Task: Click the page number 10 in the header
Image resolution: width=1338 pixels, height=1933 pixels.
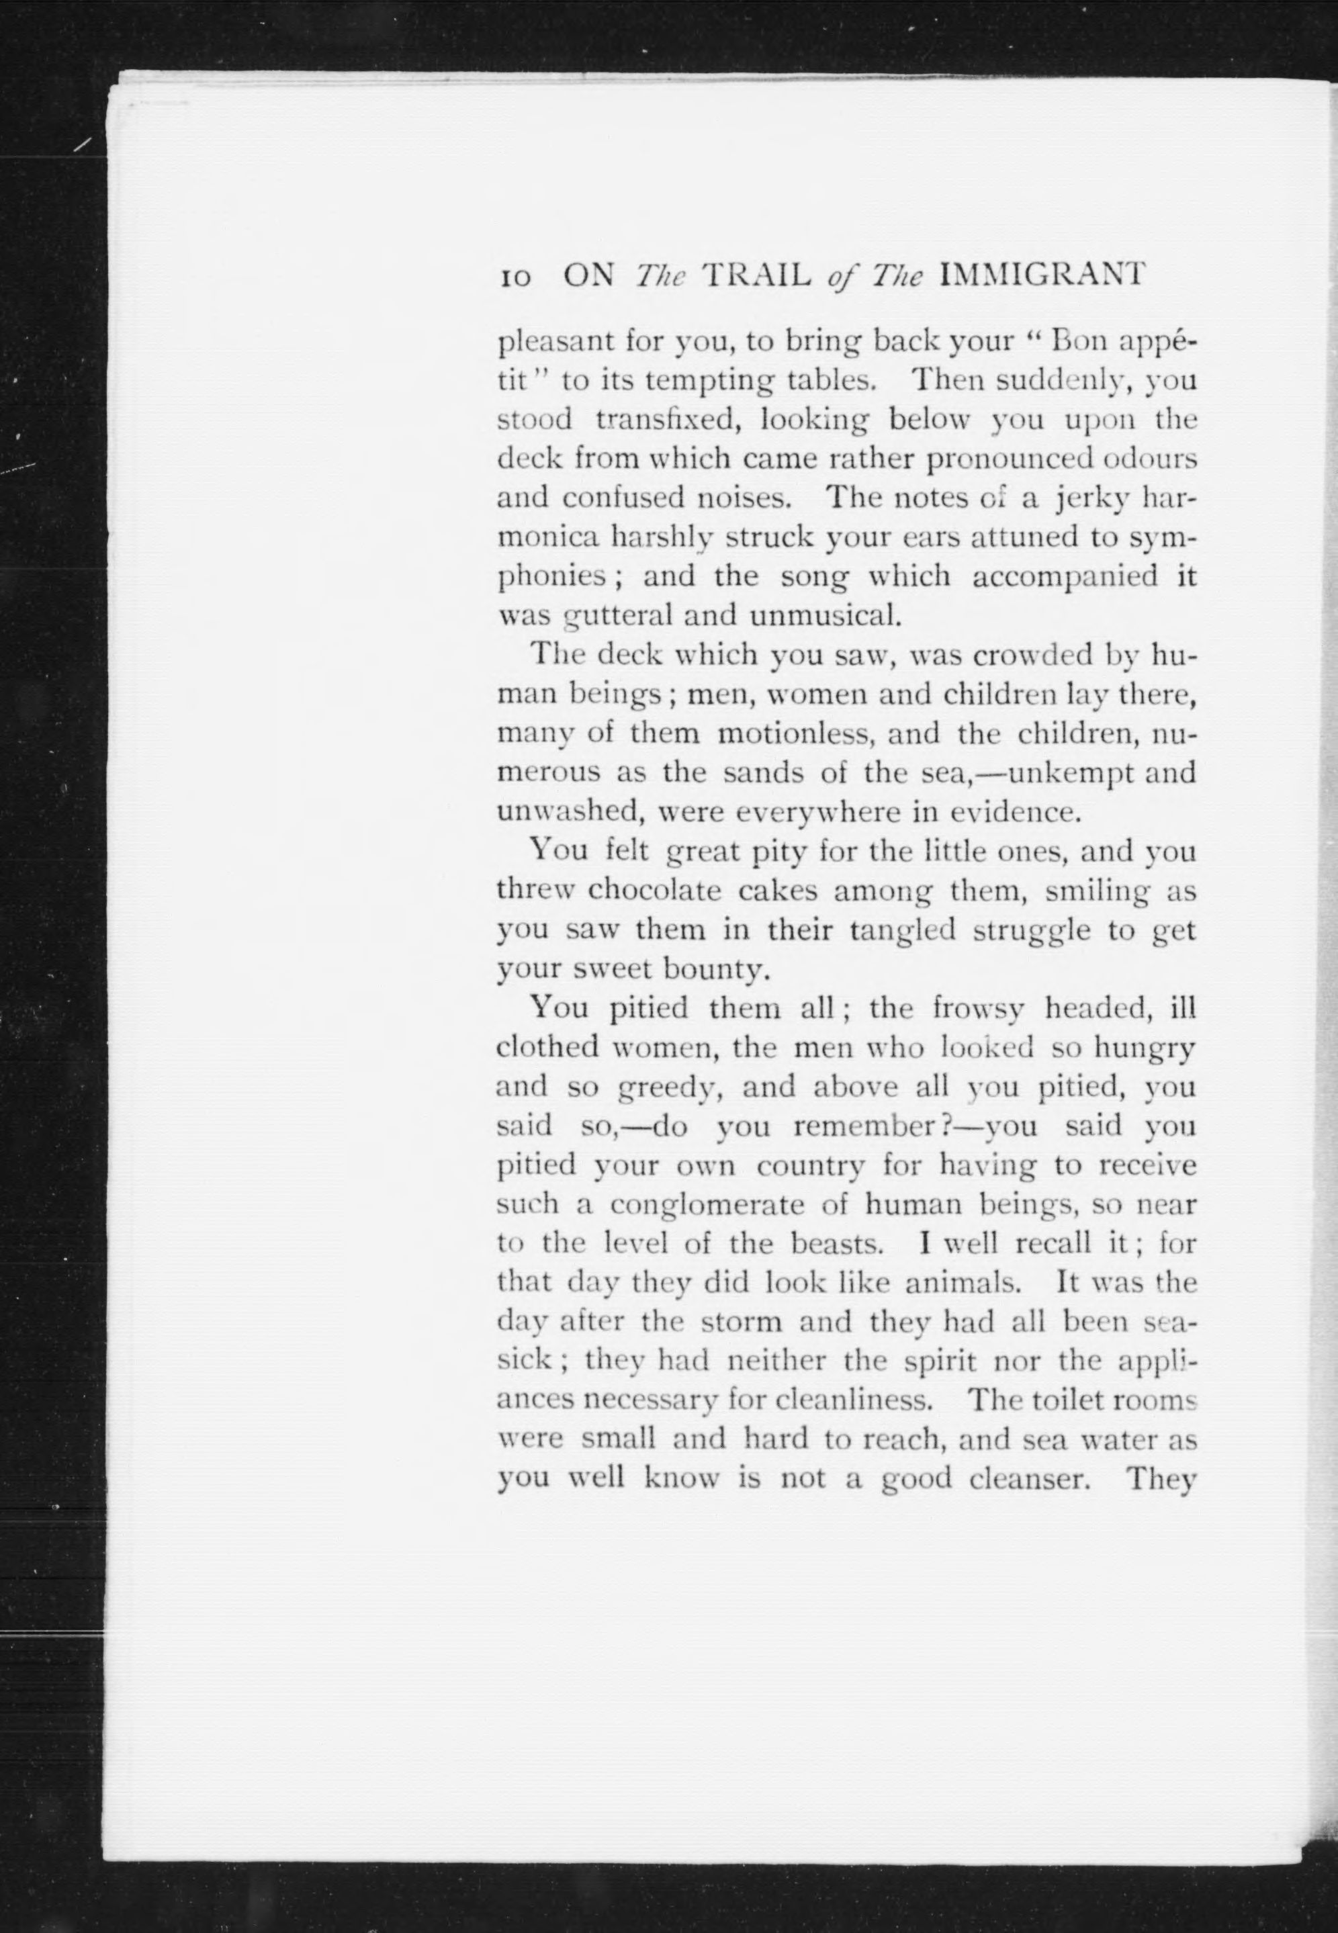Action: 512,277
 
